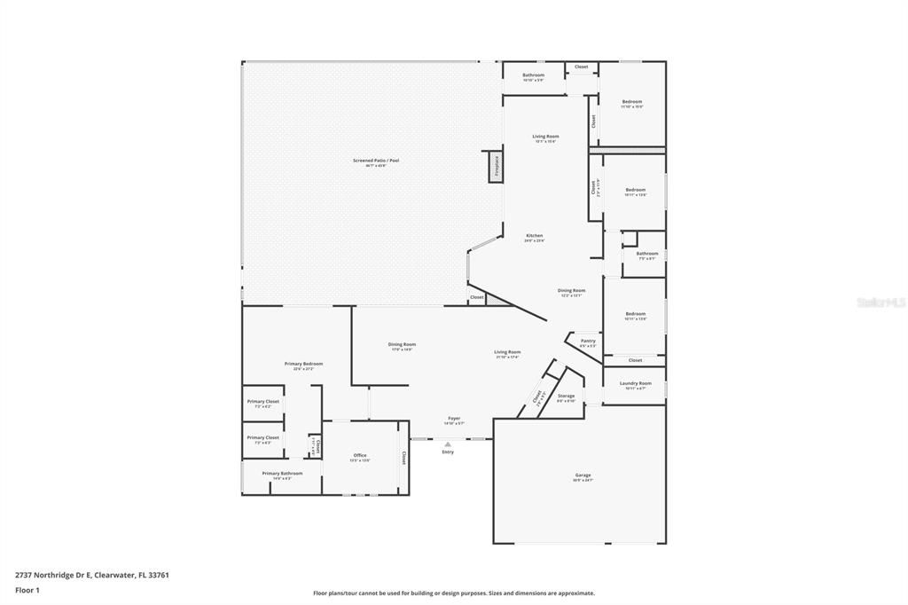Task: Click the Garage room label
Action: [x=583, y=475]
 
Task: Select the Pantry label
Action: [x=588, y=341]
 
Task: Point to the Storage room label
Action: [x=566, y=397]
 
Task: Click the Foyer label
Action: [x=453, y=419]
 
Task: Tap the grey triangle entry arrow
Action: [x=448, y=444]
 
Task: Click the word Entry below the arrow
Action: [x=448, y=452]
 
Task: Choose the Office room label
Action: [x=360, y=456]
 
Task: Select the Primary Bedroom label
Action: [x=303, y=364]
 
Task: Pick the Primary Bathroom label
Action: [x=282, y=474]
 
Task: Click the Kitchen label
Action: [x=534, y=236]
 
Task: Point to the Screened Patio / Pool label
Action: [x=376, y=161]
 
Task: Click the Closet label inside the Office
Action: [x=403, y=458]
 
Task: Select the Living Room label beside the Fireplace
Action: [x=545, y=137]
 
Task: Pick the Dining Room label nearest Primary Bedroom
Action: [x=402, y=344]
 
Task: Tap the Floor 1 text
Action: [x=27, y=589]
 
